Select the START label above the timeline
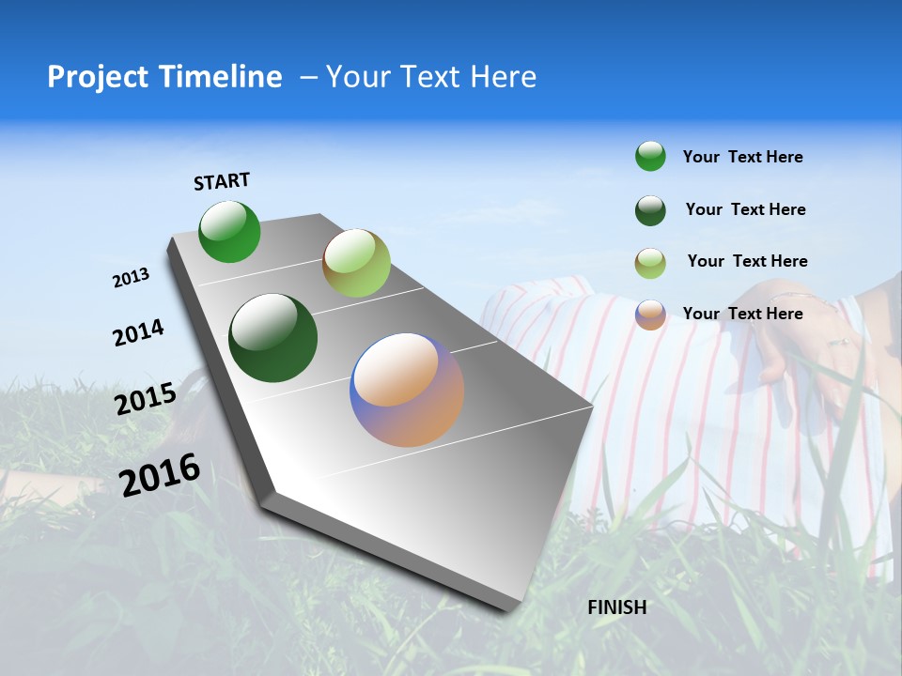tap(222, 181)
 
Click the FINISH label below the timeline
tap(617, 607)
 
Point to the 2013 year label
tap(132, 278)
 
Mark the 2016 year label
tap(160, 475)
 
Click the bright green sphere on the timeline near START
tap(229, 231)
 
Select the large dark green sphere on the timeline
tap(273, 338)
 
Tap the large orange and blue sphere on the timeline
tap(407, 390)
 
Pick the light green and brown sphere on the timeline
tap(356, 263)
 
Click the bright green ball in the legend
tap(650, 156)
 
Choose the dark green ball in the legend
tap(650, 210)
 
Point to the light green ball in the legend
tap(650, 263)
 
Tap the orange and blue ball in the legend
tap(650, 315)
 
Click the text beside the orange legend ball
tap(742, 314)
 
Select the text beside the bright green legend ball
tap(742, 157)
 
